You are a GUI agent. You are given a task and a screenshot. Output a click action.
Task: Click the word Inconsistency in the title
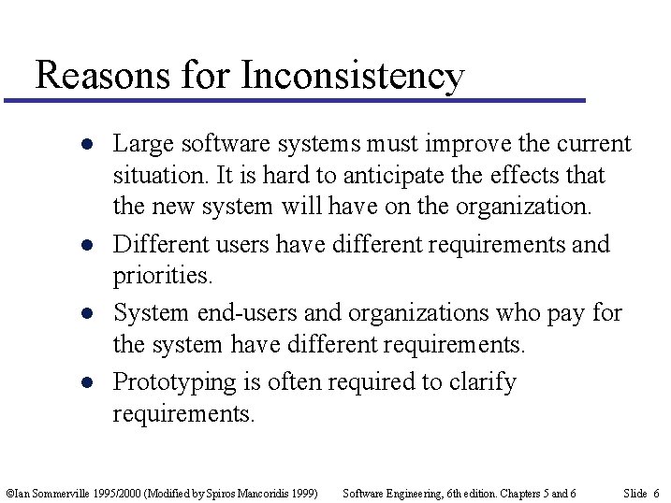click(x=352, y=75)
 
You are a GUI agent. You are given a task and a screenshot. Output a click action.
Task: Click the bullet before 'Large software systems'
click(x=85, y=146)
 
